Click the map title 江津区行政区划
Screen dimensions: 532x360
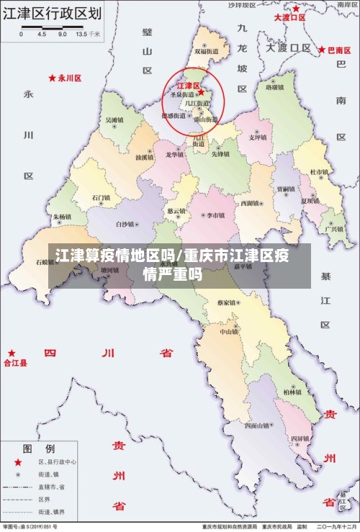click(51, 14)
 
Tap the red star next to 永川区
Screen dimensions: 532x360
click(52, 77)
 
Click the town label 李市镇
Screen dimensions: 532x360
click(215, 215)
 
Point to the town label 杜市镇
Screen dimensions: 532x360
click(318, 172)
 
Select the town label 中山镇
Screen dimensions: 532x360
click(229, 332)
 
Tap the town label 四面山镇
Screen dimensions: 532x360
click(258, 425)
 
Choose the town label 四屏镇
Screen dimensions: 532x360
click(300, 438)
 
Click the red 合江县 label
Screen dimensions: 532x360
click(16, 364)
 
